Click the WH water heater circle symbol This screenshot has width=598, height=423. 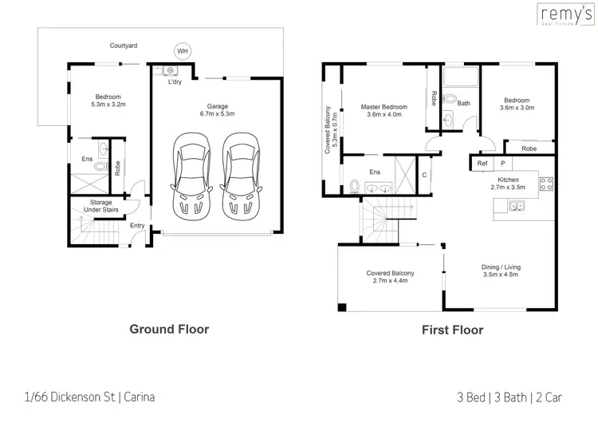[183, 51]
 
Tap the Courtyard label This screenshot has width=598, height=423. [124, 46]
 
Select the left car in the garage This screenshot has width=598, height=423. [191, 174]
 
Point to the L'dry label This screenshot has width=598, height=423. [174, 82]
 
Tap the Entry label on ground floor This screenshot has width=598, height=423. [137, 225]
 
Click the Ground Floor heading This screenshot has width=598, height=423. [169, 328]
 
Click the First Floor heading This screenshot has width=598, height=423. [453, 330]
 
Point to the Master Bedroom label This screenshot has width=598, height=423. [384, 107]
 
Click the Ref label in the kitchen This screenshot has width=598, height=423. [482, 164]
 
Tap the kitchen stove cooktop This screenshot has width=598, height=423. [546, 184]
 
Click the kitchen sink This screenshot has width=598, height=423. [517, 208]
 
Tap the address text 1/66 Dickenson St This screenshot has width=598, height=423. [89, 397]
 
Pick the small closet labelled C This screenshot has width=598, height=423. [424, 174]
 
